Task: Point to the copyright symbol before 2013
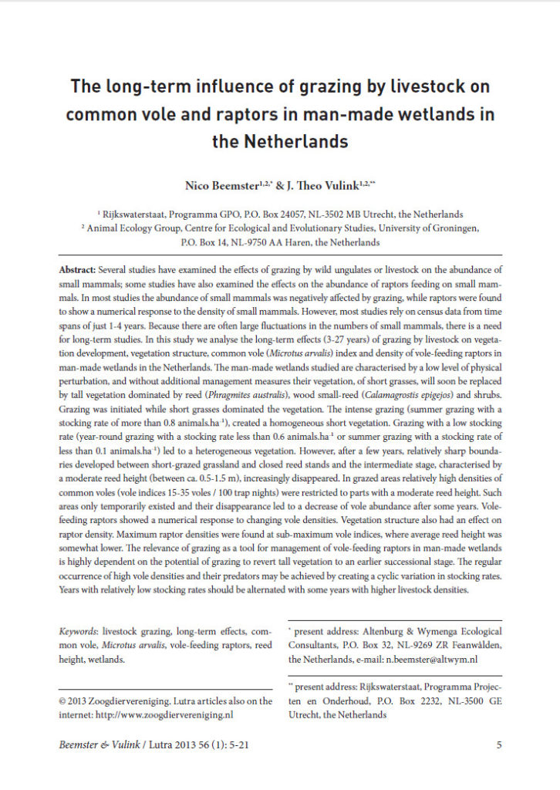pyautogui.click(x=63, y=701)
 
